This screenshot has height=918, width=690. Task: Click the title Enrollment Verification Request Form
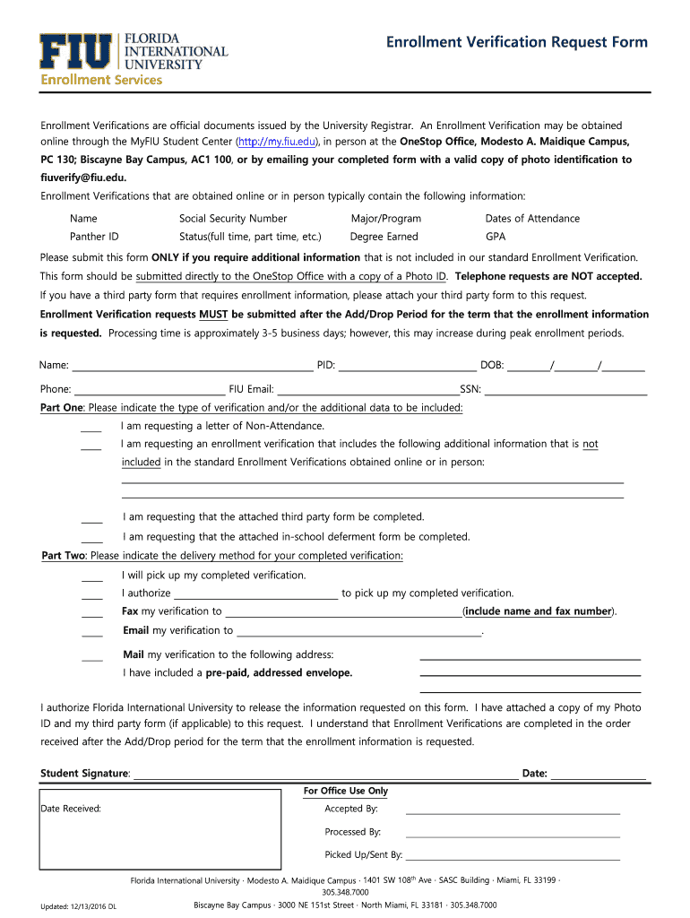coord(516,42)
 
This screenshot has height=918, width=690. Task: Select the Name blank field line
coord(192,367)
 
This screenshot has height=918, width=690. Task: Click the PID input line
coord(407,367)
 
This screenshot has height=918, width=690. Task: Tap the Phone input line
coord(149,391)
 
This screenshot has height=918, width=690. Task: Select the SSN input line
coord(565,391)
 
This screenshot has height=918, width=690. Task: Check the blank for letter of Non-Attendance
coord(91,429)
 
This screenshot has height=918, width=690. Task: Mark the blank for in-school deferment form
coord(91,540)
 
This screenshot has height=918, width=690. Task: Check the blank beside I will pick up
coord(91,578)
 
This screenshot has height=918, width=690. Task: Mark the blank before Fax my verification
coord(91,614)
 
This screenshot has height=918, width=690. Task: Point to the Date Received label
coord(71,809)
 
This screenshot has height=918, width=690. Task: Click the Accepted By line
coord(513,811)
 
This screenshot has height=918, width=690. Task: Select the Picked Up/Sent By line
coord(513,858)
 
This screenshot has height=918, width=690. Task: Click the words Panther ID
coord(94,237)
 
